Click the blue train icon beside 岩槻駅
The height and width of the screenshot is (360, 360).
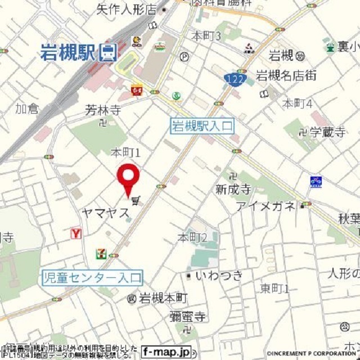click(108, 52)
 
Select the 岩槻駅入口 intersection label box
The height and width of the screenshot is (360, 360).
click(201, 127)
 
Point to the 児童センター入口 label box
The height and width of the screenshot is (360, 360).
click(93, 277)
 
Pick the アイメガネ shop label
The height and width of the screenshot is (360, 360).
click(265, 206)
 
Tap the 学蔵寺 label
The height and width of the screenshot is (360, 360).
click(326, 133)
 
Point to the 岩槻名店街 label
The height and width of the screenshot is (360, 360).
click(286, 74)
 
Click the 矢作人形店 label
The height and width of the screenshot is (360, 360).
click(126, 10)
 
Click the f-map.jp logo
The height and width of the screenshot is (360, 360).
click(166, 350)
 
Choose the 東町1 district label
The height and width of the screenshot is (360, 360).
click(274, 289)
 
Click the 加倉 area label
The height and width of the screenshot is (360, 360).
click(26, 108)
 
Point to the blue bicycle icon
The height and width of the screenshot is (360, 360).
click(316, 181)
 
